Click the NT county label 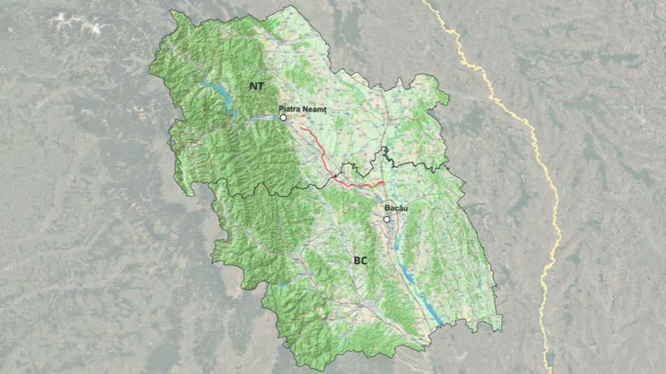[x=256, y=86]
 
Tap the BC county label [x=361, y=260]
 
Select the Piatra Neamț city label [x=304, y=110]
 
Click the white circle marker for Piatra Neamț [x=283, y=117]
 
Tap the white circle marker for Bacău [x=387, y=219]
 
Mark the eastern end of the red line [x=384, y=182]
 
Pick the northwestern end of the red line [x=301, y=128]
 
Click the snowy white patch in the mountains [x=78, y=22]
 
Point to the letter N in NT [x=253, y=86]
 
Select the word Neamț [x=316, y=110]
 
